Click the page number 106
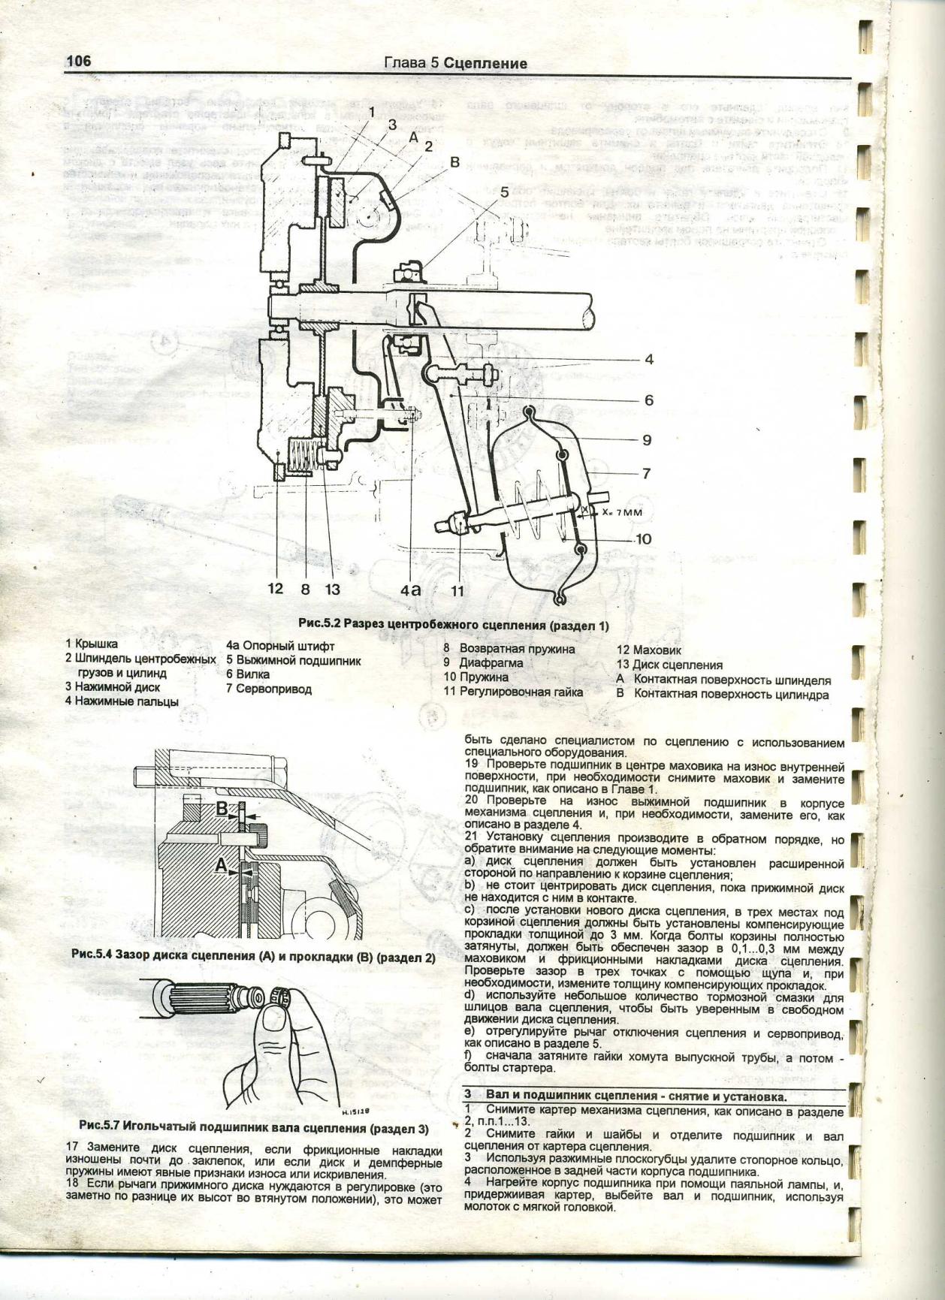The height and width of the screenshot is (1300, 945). coord(78,61)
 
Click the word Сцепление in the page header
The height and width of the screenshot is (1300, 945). coord(485,64)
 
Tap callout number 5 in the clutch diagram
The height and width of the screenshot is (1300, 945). coord(505,192)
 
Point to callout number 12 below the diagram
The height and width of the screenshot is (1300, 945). coord(276,588)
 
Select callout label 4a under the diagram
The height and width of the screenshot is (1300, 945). coord(411,590)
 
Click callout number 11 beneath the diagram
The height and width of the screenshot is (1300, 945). coord(457,591)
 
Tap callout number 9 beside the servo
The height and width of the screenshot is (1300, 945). coord(646,440)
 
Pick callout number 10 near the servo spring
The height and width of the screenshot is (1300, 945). coord(643,539)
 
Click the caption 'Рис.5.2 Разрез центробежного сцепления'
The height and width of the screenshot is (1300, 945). coord(454,625)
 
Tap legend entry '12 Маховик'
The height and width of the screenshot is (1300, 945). coord(649,650)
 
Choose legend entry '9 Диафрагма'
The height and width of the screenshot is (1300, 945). coord(482,663)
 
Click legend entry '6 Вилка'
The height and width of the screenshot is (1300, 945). coord(248,674)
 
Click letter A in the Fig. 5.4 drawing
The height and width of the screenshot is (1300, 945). coord(220,866)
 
